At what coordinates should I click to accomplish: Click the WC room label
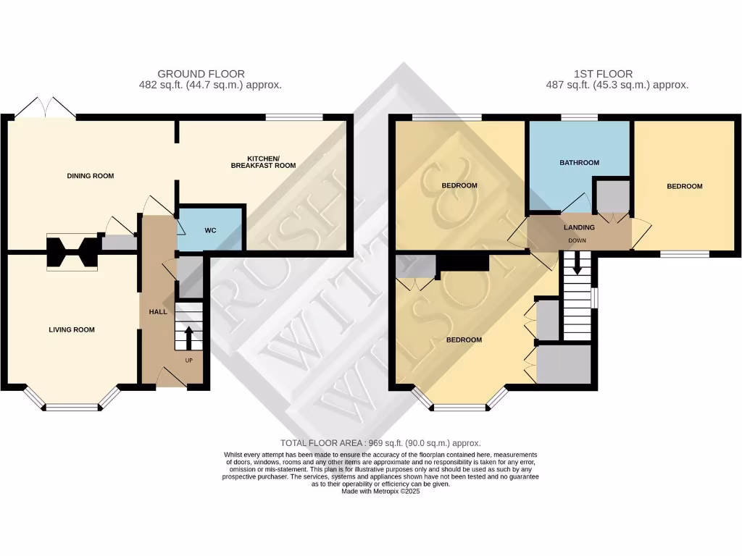pyautogui.click(x=210, y=230)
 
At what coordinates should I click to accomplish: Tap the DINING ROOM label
pyautogui.click(x=91, y=176)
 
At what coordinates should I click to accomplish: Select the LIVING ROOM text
pyautogui.click(x=72, y=329)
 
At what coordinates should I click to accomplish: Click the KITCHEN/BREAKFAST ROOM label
pyautogui.click(x=263, y=161)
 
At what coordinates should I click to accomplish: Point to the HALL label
pyautogui.click(x=158, y=311)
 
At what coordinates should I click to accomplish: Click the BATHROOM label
pyautogui.click(x=579, y=163)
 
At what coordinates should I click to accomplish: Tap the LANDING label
pyautogui.click(x=579, y=227)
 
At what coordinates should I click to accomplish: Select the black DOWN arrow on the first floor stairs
pyautogui.click(x=577, y=263)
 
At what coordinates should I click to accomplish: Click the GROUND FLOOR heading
pyautogui.click(x=201, y=74)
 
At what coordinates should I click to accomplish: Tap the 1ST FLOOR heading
pyautogui.click(x=603, y=74)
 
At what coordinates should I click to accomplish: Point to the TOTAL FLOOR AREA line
pyautogui.click(x=380, y=443)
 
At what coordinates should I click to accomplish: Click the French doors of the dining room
pyautogui.click(x=45, y=107)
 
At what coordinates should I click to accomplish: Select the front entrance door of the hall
pyautogui.click(x=171, y=378)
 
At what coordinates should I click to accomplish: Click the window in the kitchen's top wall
pyautogui.click(x=294, y=117)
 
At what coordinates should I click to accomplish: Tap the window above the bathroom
pyautogui.click(x=579, y=117)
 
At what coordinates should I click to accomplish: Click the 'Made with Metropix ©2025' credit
pyautogui.click(x=380, y=492)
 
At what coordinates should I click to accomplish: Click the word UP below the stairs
pyautogui.click(x=189, y=361)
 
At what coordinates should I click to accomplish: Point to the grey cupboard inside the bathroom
pyautogui.click(x=613, y=197)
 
